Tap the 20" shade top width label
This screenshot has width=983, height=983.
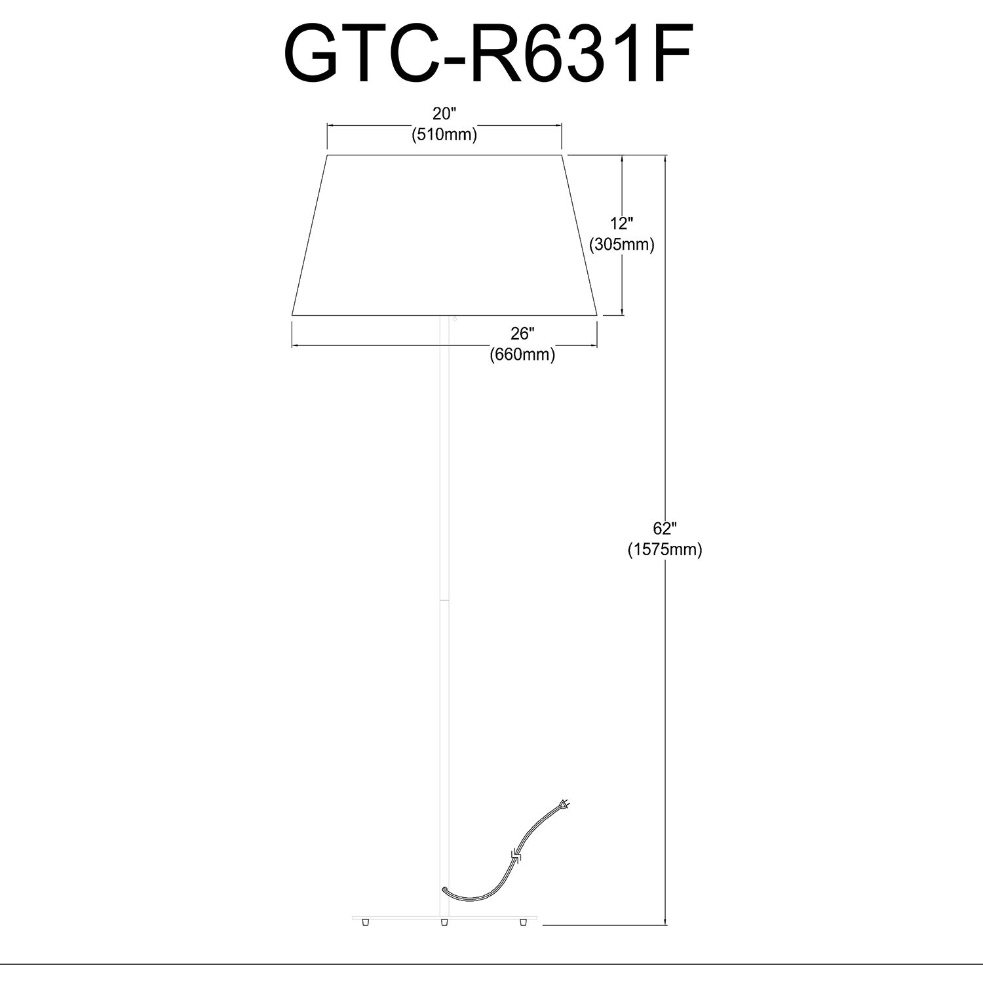pyautogui.click(x=444, y=113)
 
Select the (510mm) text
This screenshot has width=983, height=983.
pyautogui.click(x=444, y=135)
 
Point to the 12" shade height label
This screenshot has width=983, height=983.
pyautogui.click(x=621, y=223)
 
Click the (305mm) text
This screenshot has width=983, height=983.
pyautogui.click(x=622, y=245)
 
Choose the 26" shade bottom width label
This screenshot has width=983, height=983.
pyautogui.click(x=522, y=334)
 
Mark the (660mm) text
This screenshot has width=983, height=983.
pyautogui.click(x=522, y=355)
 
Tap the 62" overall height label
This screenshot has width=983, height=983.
pyautogui.click(x=665, y=528)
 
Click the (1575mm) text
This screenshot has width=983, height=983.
pyautogui.click(x=665, y=550)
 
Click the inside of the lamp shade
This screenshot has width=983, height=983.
pyautogui.click(x=444, y=236)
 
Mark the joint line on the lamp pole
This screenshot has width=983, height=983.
pyautogui.click(x=444, y=599)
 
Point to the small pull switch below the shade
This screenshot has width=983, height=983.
pyautogui.click(x=453, y=319)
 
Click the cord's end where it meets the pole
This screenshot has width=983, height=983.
pyautogui.click(x=445, y=889)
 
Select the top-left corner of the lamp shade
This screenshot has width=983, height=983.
pyautogui.click(x=327, y=155)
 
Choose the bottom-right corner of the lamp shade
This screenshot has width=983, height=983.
pyautogui.click(x=597, y=315)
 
